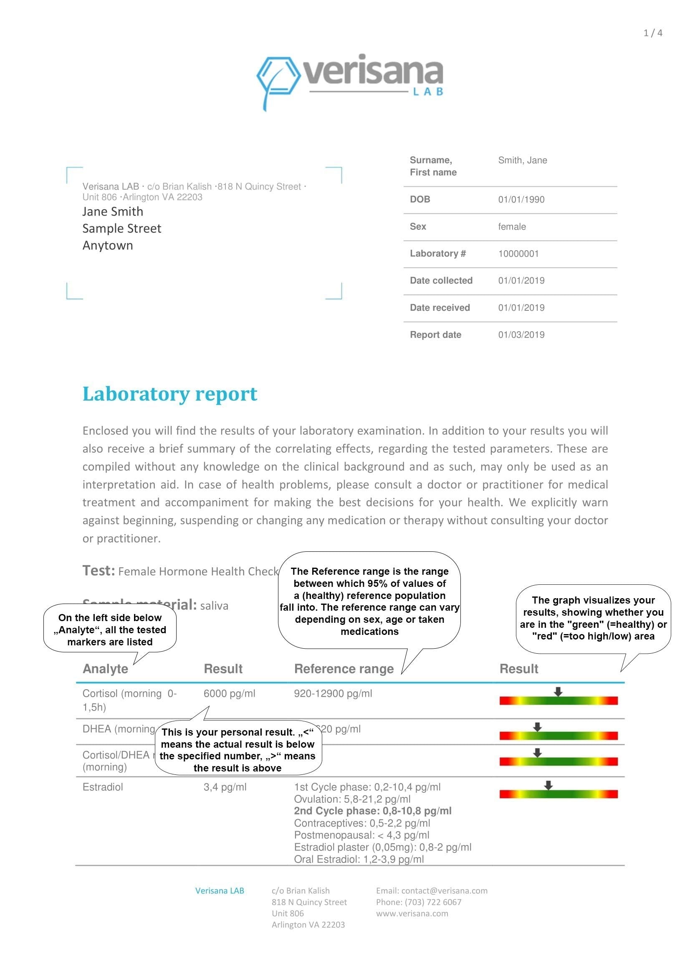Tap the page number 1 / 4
(x=652, y=33)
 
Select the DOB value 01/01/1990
(x=521, y=200)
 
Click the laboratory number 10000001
(x=518, y=254)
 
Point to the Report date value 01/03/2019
(x=521, y=335)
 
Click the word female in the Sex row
(x=512, y=227)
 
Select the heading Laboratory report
(x=169, y=393)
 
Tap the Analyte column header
(x=105, y=668)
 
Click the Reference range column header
(x=344, y=668)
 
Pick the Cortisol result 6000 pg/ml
(x=229, y=693)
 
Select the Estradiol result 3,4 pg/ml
(x=225, y=787)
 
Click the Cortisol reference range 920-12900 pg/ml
(x=333, y=693)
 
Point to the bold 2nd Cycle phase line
(x=372, y=811)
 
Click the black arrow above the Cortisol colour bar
(x=558, y=691)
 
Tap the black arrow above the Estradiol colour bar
(x=548, y=785)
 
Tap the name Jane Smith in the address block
(x=113, y=211)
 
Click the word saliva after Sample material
(x=214, y=606)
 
